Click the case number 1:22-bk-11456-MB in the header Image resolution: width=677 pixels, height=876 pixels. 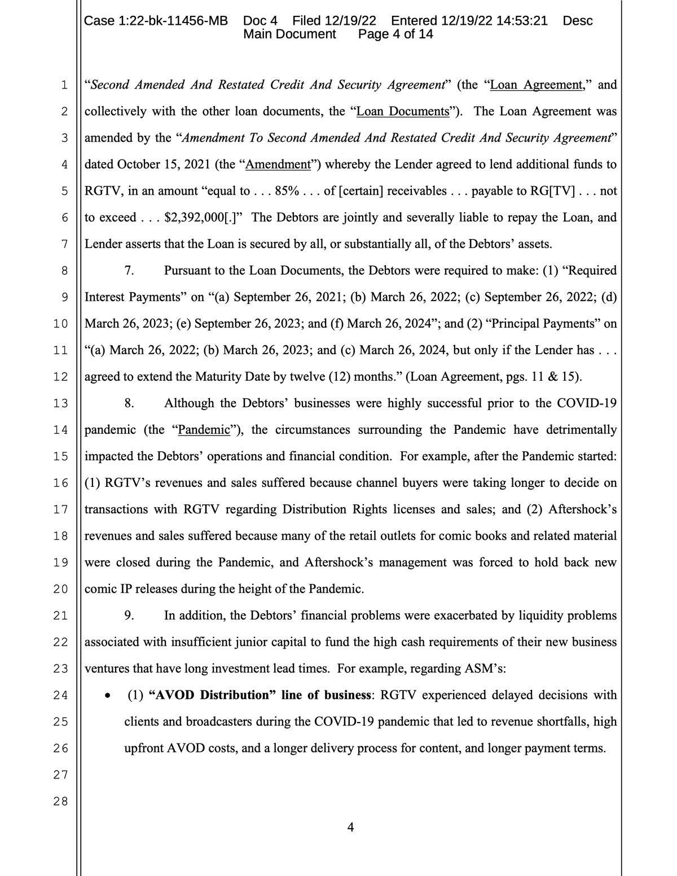click(156, 21)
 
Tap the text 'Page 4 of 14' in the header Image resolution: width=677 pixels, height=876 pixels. click(395, 34)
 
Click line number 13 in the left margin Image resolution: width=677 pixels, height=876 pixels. click(60, 403)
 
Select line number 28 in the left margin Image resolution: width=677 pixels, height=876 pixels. click(60, 801)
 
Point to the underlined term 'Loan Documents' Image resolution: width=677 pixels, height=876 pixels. click(403, 111)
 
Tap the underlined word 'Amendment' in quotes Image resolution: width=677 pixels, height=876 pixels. click(279, 164)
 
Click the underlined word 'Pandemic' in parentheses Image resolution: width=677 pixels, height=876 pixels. click(204, 430)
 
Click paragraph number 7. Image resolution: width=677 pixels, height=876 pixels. click(129, 270)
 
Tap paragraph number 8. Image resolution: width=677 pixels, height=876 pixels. click(129, 403)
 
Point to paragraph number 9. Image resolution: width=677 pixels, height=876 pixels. click(129, 615)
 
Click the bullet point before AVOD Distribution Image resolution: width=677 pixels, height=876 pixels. click(108, 695)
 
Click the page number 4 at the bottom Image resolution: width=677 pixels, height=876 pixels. click(350, 827)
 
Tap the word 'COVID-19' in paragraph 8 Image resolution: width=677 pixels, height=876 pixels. click(586, 403)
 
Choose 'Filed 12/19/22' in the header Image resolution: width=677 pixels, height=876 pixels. click(334, 21)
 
